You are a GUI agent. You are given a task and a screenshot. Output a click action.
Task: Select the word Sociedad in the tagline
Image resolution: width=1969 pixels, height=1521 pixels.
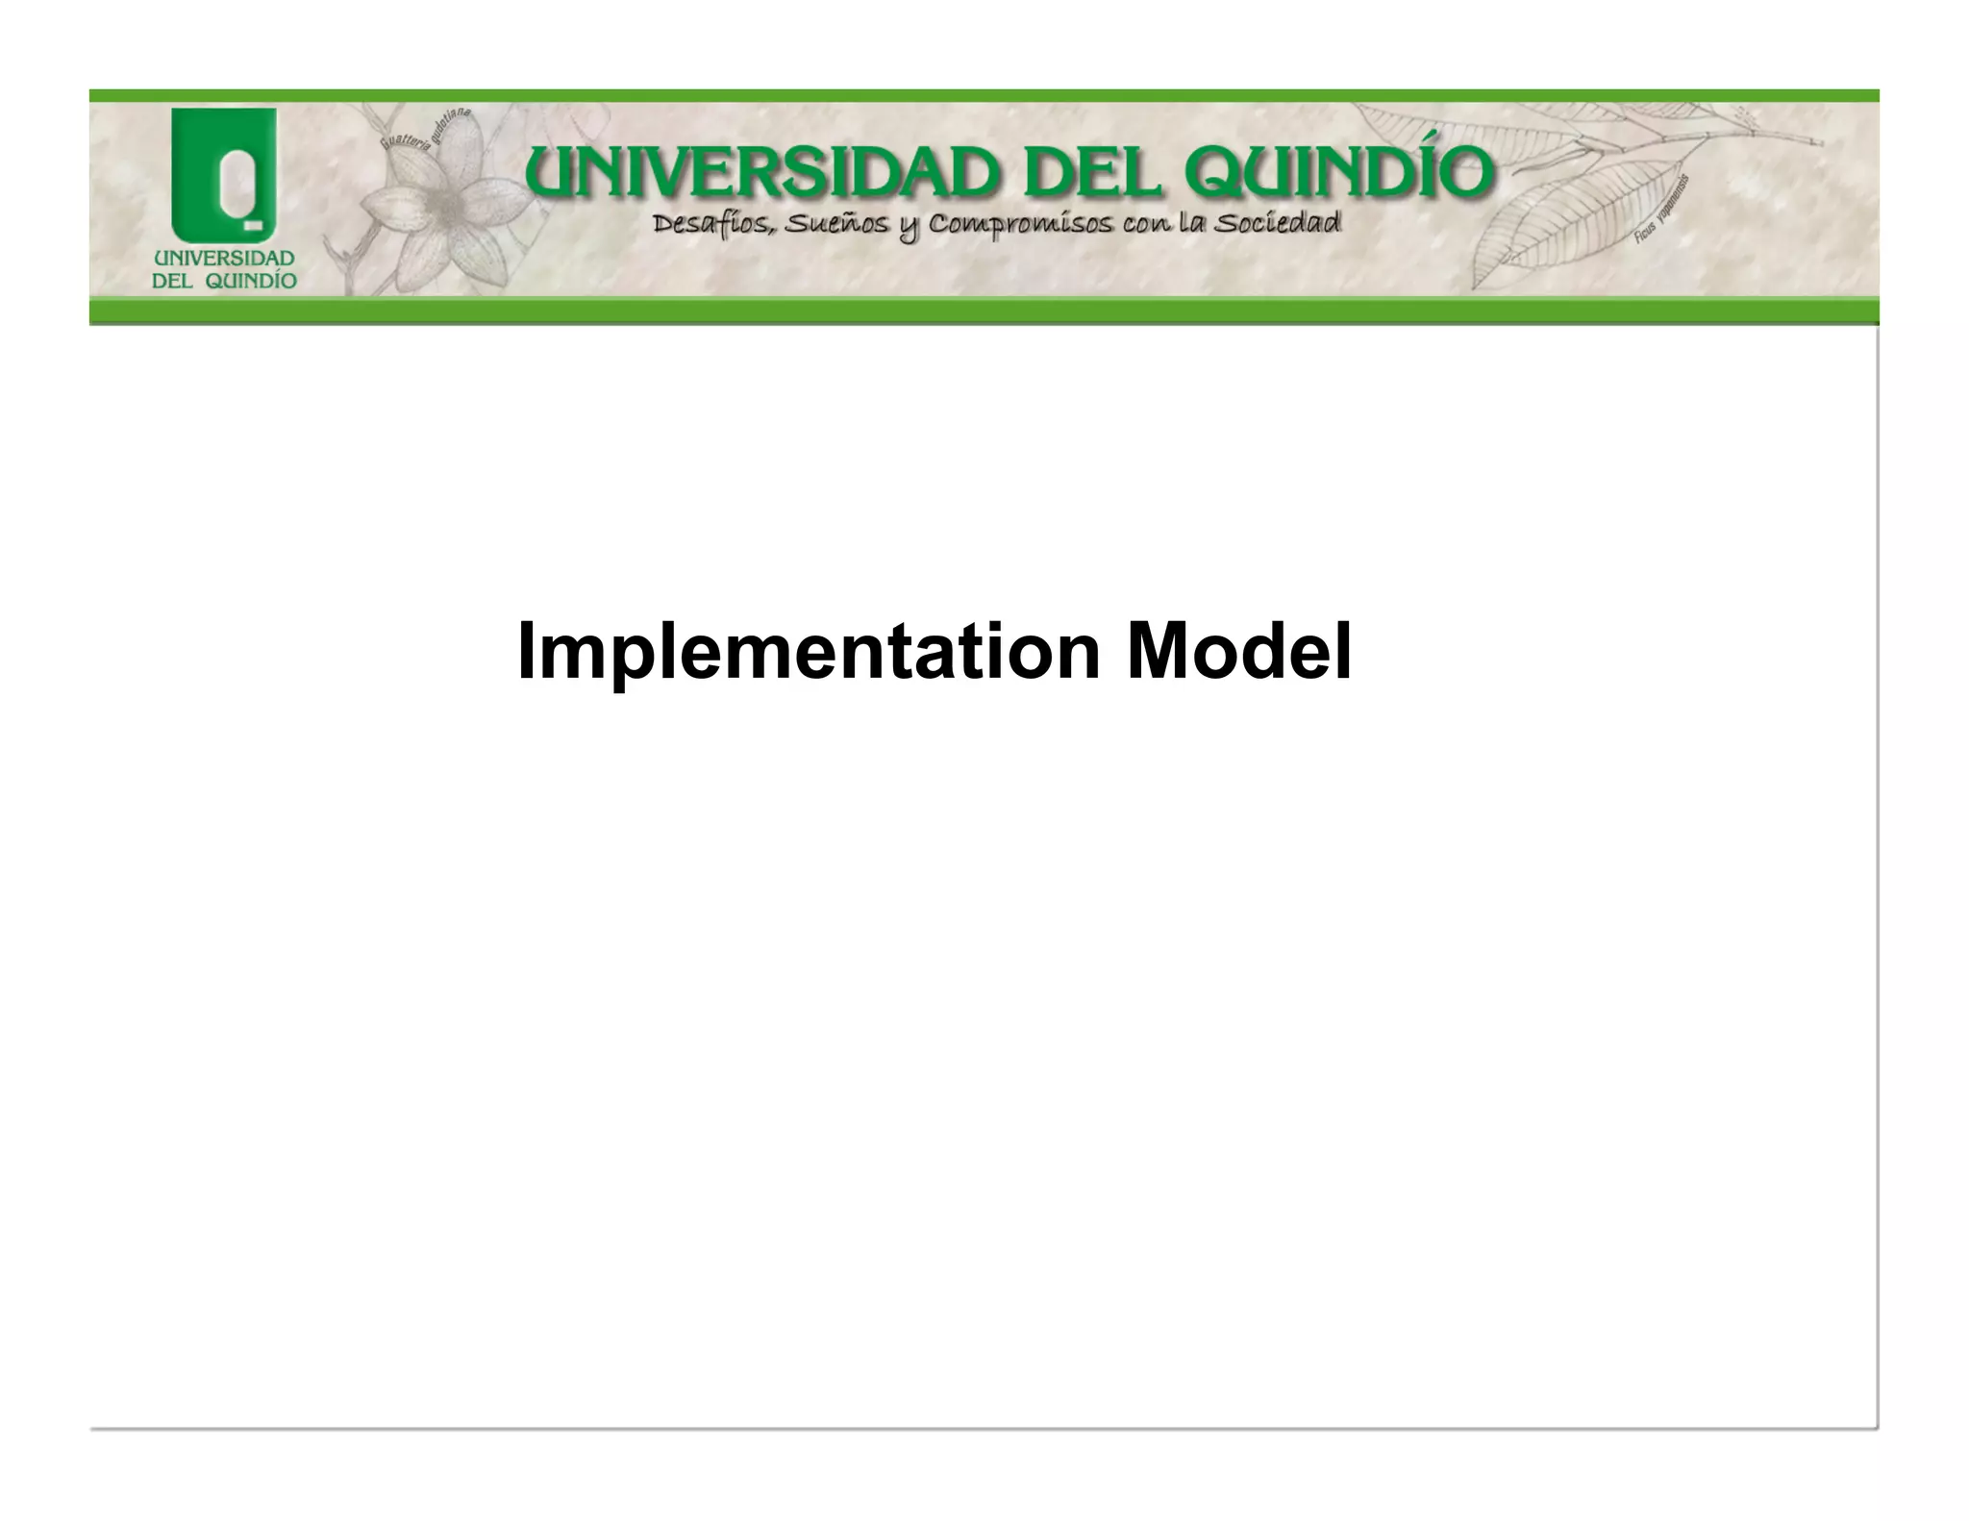[1278, 224]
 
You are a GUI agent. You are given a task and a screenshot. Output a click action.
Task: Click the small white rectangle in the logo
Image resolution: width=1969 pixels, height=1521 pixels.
[253, 225]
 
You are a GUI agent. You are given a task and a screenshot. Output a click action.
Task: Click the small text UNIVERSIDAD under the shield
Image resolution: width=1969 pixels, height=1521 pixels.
[224, 259]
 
